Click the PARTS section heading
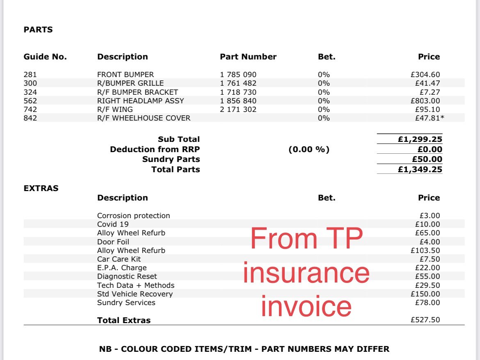pos(38,30)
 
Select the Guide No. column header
pos(45,57)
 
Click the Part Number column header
pos(248,57)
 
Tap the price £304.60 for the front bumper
pos(425,75)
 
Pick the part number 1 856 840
pos(238,101)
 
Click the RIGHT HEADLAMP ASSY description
pos(140,101)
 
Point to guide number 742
pos(30,109)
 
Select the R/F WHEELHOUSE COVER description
pos(144,118)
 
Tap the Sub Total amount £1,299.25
pos(420,139)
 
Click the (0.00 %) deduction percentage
pos(309,150)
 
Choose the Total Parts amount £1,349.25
pos(420,169)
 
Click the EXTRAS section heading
pos(41,189)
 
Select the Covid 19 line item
pos(113,224)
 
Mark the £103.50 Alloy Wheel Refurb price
pos(425,251)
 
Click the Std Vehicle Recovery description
pos(135,294)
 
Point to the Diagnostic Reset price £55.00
pos(427,276)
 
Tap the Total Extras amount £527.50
pos(425,320)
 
